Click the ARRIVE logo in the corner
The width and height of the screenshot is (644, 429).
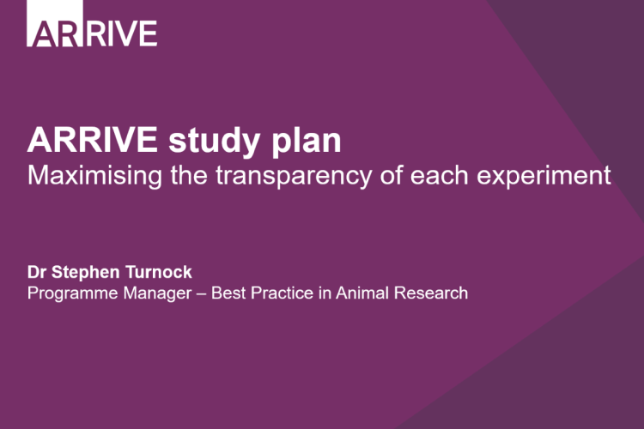93,32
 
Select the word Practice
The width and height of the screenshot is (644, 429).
260,293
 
